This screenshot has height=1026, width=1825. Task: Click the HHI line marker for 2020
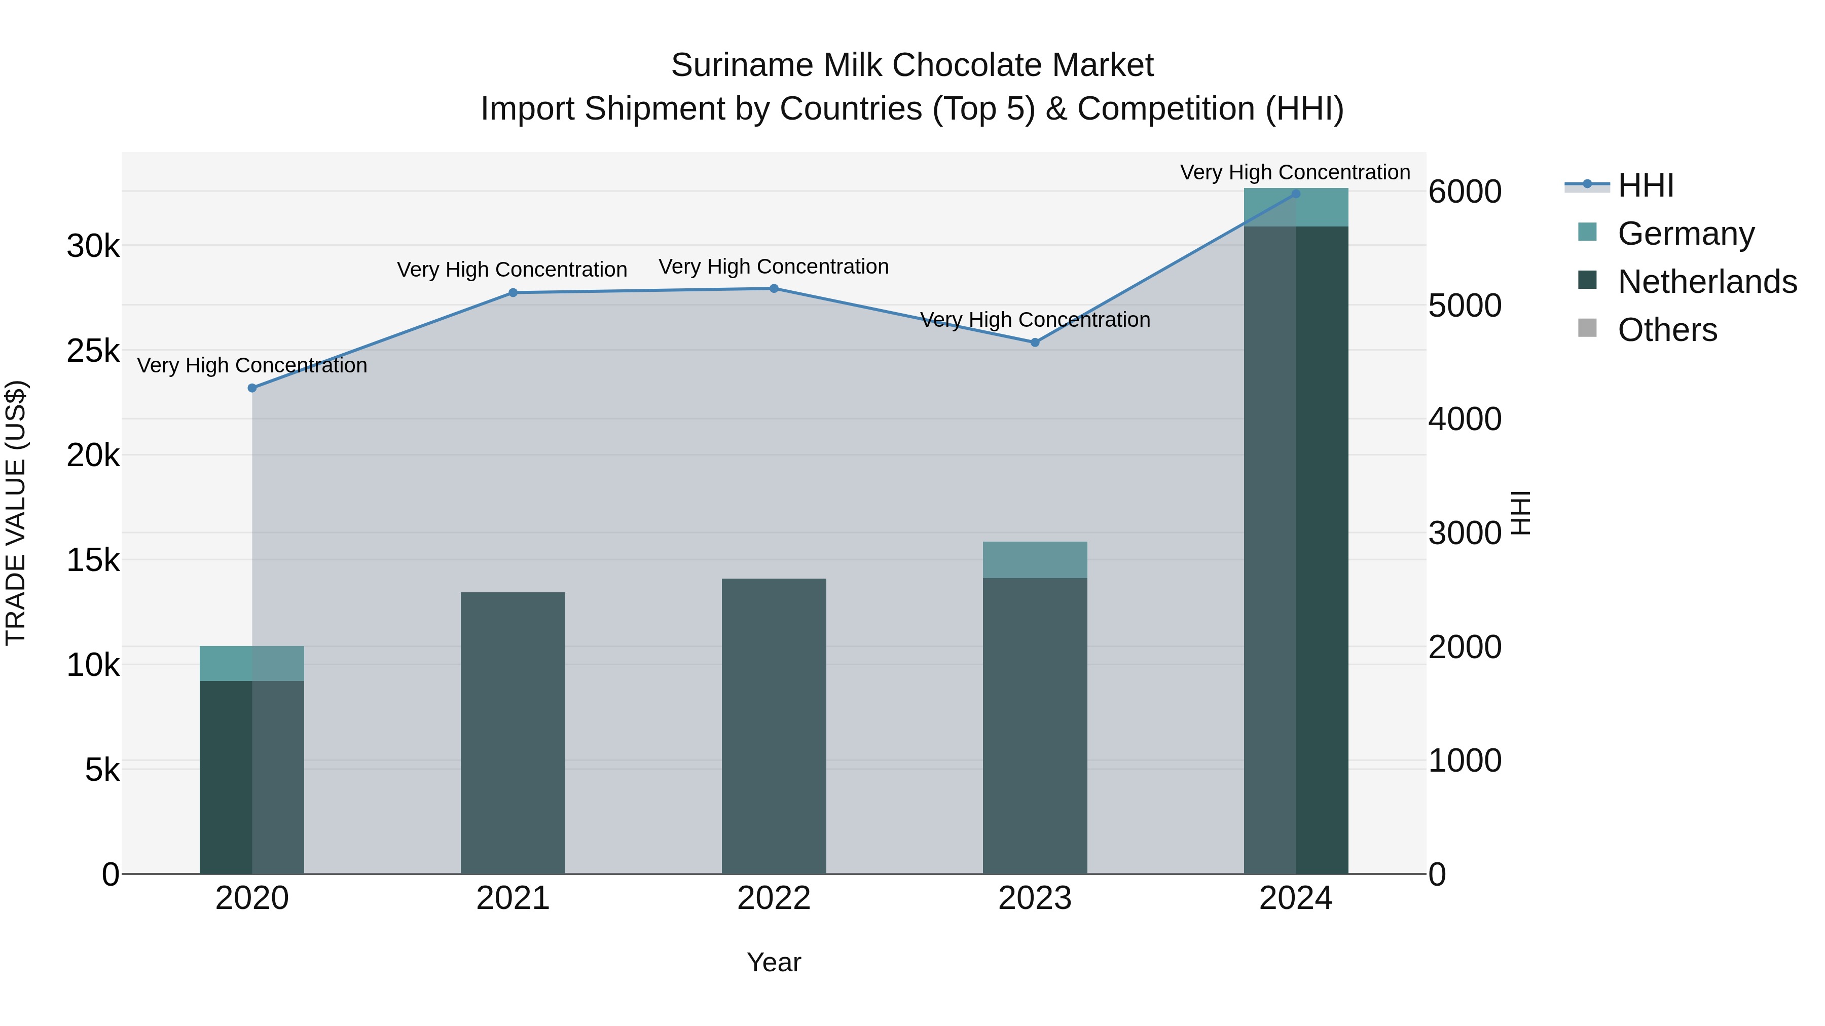click(x=252, y=388)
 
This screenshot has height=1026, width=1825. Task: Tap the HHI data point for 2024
click(x=1296, y=194)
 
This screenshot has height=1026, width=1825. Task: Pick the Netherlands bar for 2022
click(x=774, y=726)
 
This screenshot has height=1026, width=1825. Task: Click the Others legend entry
click(x=1667, y=330)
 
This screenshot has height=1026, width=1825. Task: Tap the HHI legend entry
click(x=1645, y=185)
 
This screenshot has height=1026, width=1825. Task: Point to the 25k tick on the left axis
click(x=93, y=351)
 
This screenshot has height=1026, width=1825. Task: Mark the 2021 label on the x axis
click(x=513, y=898)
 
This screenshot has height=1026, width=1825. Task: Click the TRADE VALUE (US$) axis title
click(x=16, y=513)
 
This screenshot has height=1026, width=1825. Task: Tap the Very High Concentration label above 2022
click(x=774, y=267)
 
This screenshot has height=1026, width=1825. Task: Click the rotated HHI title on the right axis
click(x=1521, y=513)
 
